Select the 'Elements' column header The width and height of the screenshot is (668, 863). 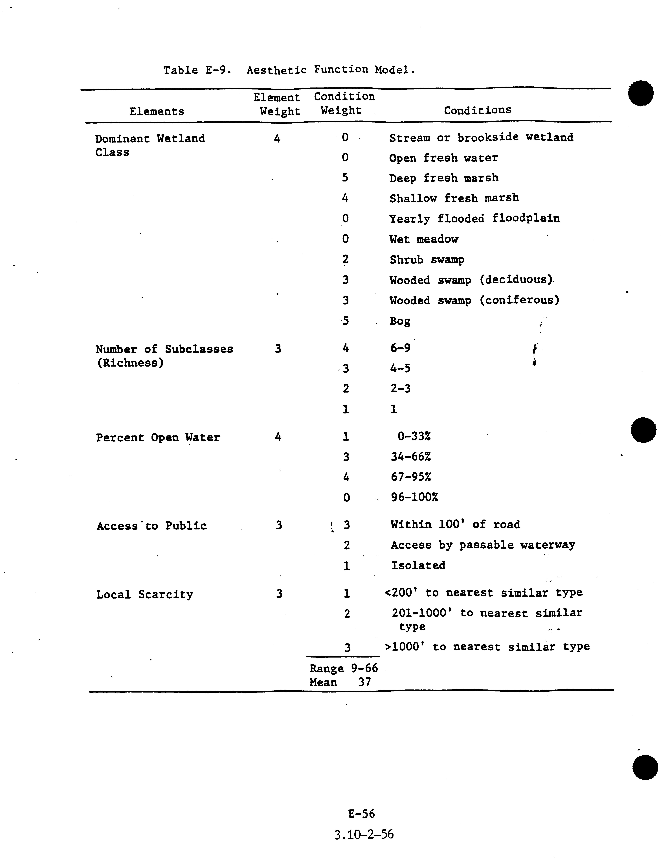[x=157, y=111]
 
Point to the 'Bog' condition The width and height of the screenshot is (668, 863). [x=400, y=321]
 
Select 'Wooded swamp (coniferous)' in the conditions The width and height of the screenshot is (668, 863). [x=474, y=300]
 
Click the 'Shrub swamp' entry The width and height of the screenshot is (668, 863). [x=427, y=260]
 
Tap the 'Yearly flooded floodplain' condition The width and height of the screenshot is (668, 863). [x=474, y=218]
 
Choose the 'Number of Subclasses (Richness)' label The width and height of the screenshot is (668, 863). [x=164, y=356]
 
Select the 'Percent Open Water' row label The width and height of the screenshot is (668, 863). [x=158, y=437]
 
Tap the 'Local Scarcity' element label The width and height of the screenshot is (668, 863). [x=145, y=594]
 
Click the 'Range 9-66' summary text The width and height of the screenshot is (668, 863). [x=344, y=668]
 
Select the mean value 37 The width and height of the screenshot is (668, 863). [x=364, y=682]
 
